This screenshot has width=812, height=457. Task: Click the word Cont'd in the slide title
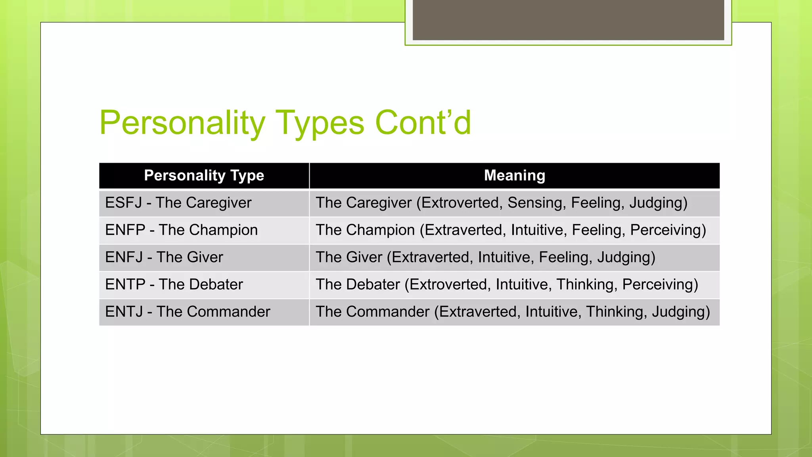tap(423, 123)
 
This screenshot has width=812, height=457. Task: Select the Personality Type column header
tap(204, 175)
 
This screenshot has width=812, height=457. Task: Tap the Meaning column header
tap(514, 175)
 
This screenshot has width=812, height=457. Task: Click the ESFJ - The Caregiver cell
tap(178, 203)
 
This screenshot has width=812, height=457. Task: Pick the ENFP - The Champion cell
tap(181, 230)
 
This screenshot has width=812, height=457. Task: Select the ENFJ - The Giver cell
tap(164, 257)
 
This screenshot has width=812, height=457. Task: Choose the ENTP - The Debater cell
tap(174, 284)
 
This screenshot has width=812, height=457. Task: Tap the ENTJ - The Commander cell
tap(187, 312)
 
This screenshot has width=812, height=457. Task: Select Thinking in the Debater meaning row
tap(586, 284)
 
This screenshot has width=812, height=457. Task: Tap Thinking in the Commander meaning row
tap(616, 312)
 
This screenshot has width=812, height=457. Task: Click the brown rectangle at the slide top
tap(568, 20)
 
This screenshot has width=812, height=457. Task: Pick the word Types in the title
tap(320, 123)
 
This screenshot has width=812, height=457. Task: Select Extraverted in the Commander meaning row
tap(479, 312)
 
